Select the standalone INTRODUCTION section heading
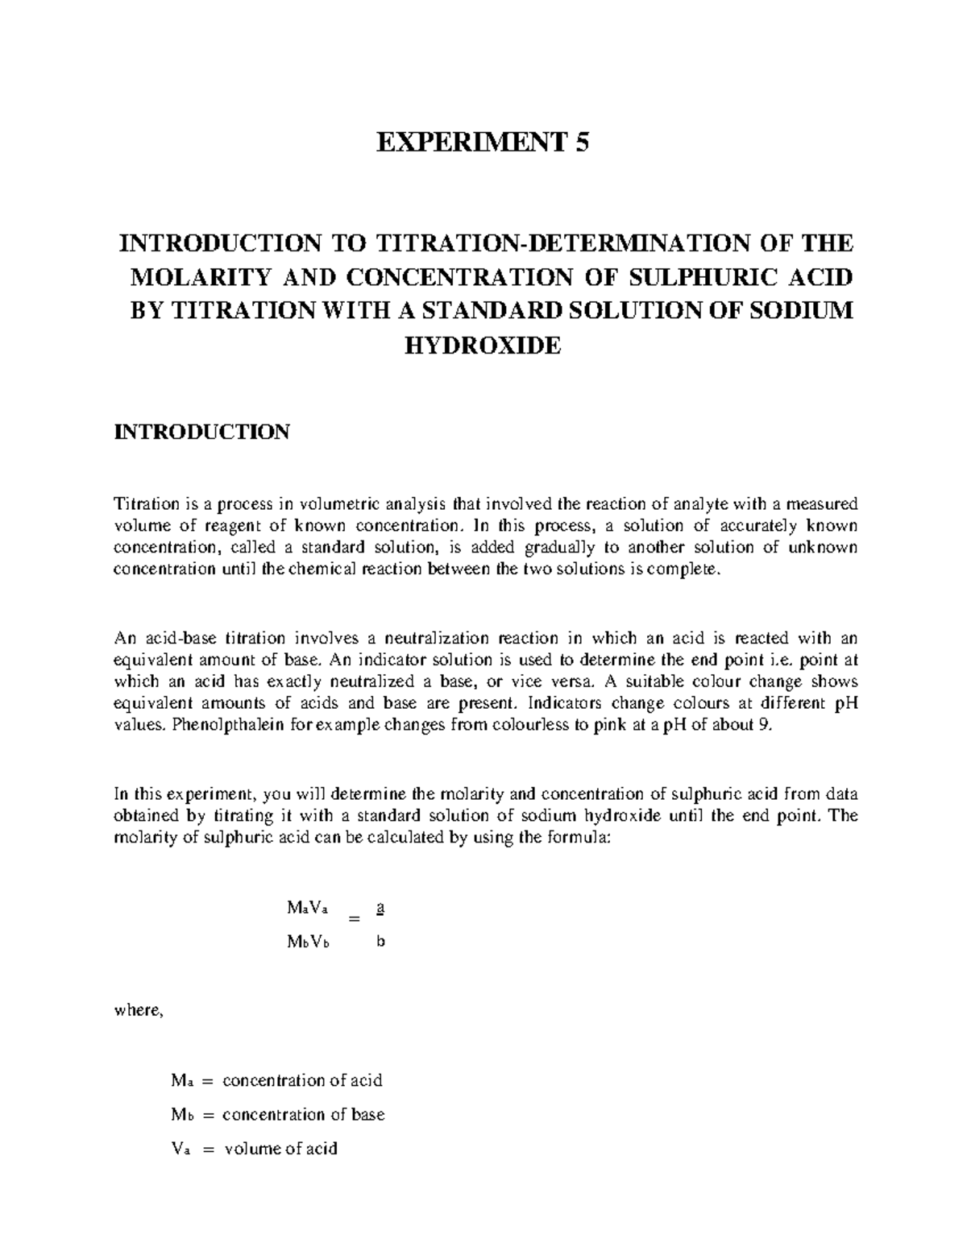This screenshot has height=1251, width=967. coord(201,432)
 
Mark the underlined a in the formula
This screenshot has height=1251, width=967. coord(380,907)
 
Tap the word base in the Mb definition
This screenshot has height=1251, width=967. coord(368,1114)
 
